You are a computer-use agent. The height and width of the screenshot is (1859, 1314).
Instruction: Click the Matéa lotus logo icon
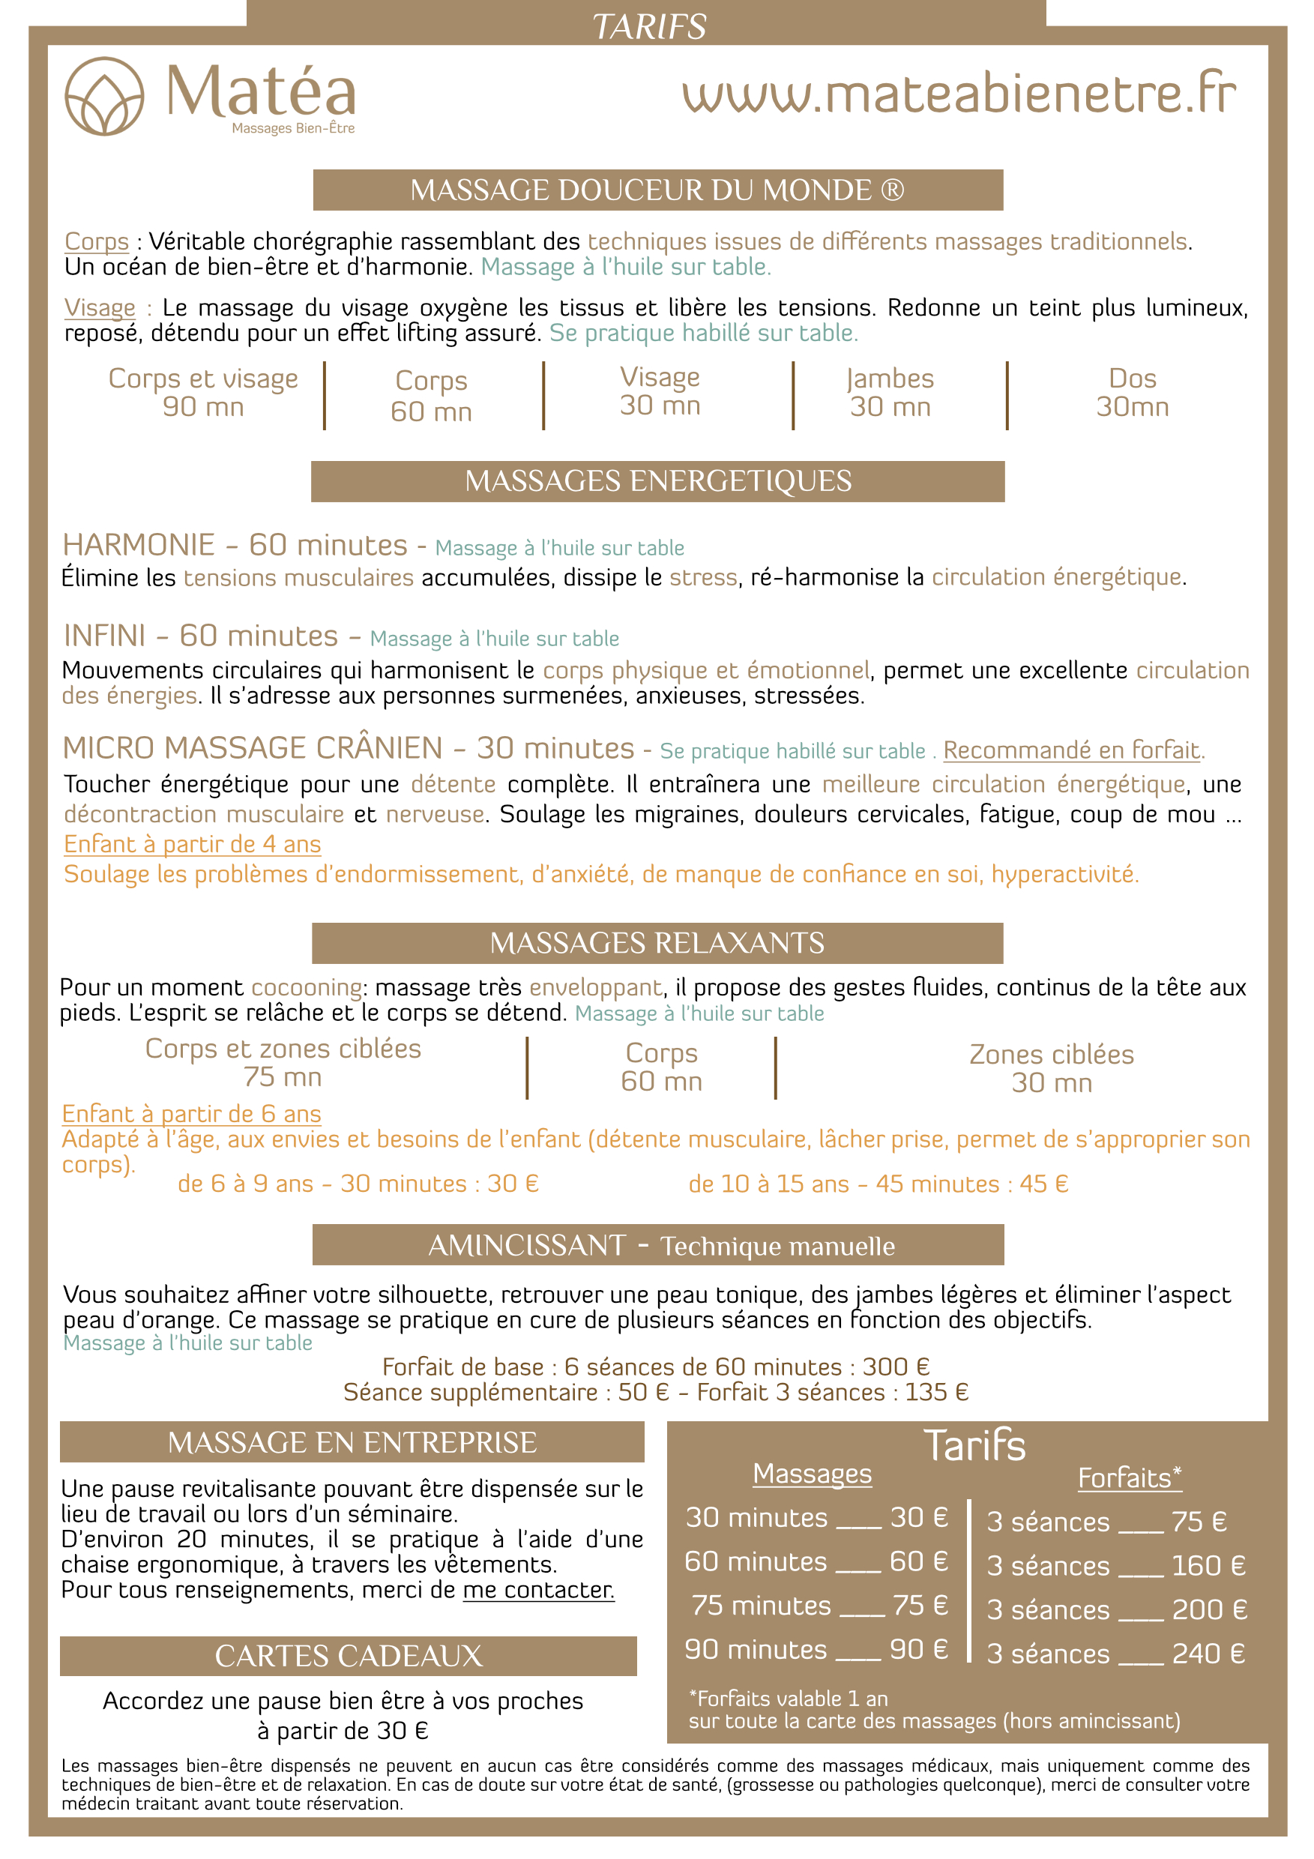(103, 97)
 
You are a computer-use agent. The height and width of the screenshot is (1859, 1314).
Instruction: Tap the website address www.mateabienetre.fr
(959, 94)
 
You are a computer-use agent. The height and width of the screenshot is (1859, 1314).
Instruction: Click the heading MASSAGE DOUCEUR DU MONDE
(657, 190)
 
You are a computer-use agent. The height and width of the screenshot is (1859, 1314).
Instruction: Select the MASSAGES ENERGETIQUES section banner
(657, 482)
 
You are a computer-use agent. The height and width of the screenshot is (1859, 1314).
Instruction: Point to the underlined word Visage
(100, 309)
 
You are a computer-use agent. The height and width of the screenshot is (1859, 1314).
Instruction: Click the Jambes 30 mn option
(890, 393)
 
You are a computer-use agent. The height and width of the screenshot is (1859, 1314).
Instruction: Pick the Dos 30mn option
(1132, 393)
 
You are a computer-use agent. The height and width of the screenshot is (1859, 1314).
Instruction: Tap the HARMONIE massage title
(235, 546)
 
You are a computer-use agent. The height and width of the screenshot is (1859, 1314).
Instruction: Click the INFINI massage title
(200, 636)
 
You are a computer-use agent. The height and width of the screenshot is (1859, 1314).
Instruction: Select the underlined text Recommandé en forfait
(1071, 750)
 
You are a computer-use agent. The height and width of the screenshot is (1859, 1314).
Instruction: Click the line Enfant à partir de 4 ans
(192, 845)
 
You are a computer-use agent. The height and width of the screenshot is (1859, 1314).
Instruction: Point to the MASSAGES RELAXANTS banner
(657, 943)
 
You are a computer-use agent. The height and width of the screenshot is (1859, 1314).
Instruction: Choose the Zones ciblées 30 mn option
(1051, 1069)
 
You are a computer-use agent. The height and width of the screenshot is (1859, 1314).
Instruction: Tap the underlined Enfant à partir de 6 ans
(191, 1114)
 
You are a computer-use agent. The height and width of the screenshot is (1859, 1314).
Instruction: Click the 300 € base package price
(896, 1367)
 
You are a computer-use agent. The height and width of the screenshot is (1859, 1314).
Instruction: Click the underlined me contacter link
(538, 1590)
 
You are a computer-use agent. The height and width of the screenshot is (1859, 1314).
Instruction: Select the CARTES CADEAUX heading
(348, 1657)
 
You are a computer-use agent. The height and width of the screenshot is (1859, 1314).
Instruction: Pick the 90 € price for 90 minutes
(918, 1649)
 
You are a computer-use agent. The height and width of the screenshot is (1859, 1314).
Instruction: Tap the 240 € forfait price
(1208, 1654)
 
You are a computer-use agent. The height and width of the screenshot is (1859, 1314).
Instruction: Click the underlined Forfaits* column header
(1130, 1478)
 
